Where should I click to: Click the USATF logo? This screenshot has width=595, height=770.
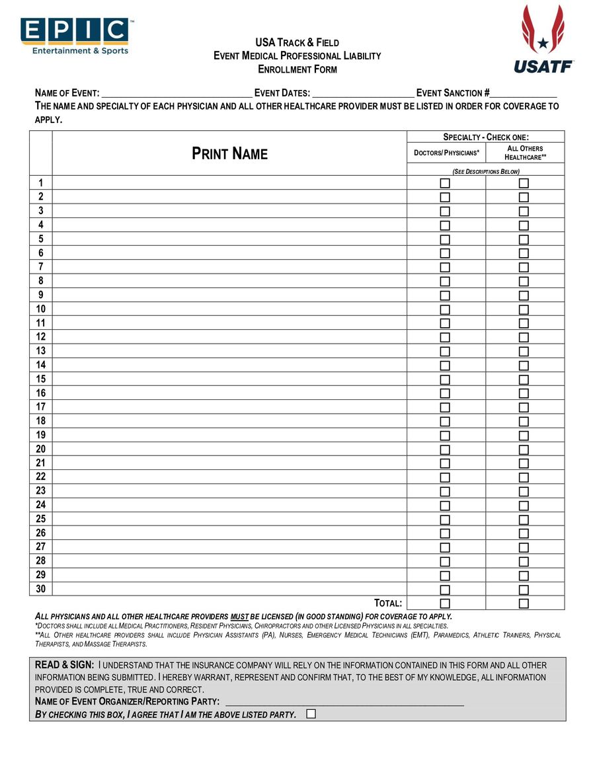(543, 40)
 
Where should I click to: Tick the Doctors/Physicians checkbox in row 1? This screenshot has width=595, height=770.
(445, 183)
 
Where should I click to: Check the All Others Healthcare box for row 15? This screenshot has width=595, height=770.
(524, 379)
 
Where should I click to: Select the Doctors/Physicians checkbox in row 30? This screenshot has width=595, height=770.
(445, 590)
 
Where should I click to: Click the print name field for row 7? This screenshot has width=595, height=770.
(229, 267)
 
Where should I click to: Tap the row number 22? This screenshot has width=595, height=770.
(41, 477)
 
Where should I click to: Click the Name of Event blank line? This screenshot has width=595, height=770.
(177, 93)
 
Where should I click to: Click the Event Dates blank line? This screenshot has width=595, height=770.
(363, 93)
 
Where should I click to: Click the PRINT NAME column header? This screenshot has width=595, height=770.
(229, 154)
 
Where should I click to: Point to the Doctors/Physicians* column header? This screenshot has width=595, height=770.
(446, 153)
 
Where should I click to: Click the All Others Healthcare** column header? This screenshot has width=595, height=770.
(525, 153)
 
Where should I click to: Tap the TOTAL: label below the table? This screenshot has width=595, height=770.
(388, 603)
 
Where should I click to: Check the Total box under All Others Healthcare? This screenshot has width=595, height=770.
(524, 603)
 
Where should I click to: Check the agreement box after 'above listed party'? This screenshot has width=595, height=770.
(311, 714)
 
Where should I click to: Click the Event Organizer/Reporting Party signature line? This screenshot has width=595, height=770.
(344, 701)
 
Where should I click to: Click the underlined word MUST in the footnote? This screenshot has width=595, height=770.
(240, 616)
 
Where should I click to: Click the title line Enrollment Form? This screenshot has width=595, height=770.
(297, 69)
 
